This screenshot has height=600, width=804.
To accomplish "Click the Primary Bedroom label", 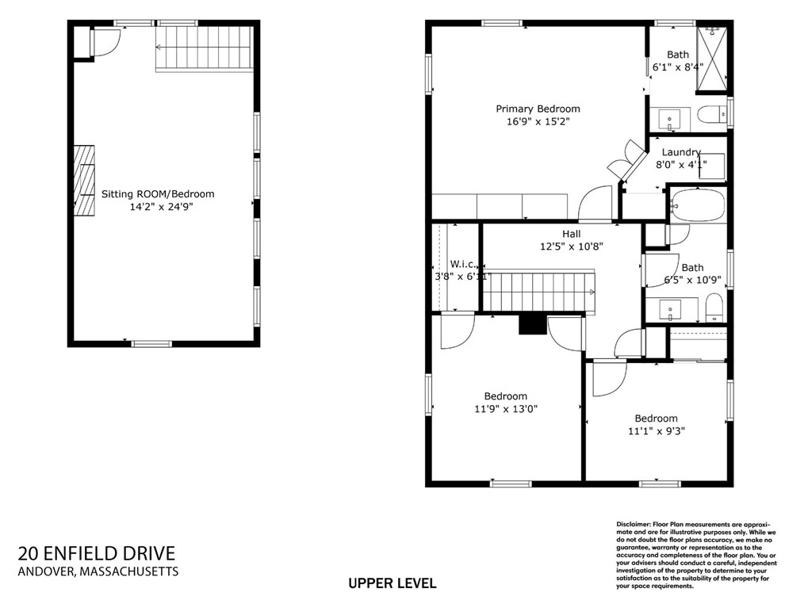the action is [538, 109].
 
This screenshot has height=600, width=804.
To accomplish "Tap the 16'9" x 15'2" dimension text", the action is [538, 121].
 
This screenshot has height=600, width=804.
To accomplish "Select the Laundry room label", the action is [681, 152].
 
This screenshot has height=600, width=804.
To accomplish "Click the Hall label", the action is [571, 234].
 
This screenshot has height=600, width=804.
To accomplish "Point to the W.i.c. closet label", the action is [463, 264].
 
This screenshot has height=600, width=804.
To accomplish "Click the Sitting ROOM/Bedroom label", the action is [158, 193].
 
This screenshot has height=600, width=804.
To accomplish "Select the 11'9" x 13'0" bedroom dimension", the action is [506, 409].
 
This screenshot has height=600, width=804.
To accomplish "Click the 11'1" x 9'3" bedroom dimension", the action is [657, 431].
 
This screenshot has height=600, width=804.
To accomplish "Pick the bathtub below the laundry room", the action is [697, 205].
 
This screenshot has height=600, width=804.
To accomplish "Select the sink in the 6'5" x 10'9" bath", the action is [670, 309].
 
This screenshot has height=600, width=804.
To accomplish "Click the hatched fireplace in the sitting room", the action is [84, 181].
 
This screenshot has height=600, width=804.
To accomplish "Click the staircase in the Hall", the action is [538, 292].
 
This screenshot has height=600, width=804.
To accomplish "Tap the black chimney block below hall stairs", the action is [533, 323].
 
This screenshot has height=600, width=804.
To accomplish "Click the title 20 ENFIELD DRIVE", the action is [97, 553].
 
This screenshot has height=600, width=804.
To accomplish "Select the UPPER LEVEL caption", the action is [392, 583].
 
